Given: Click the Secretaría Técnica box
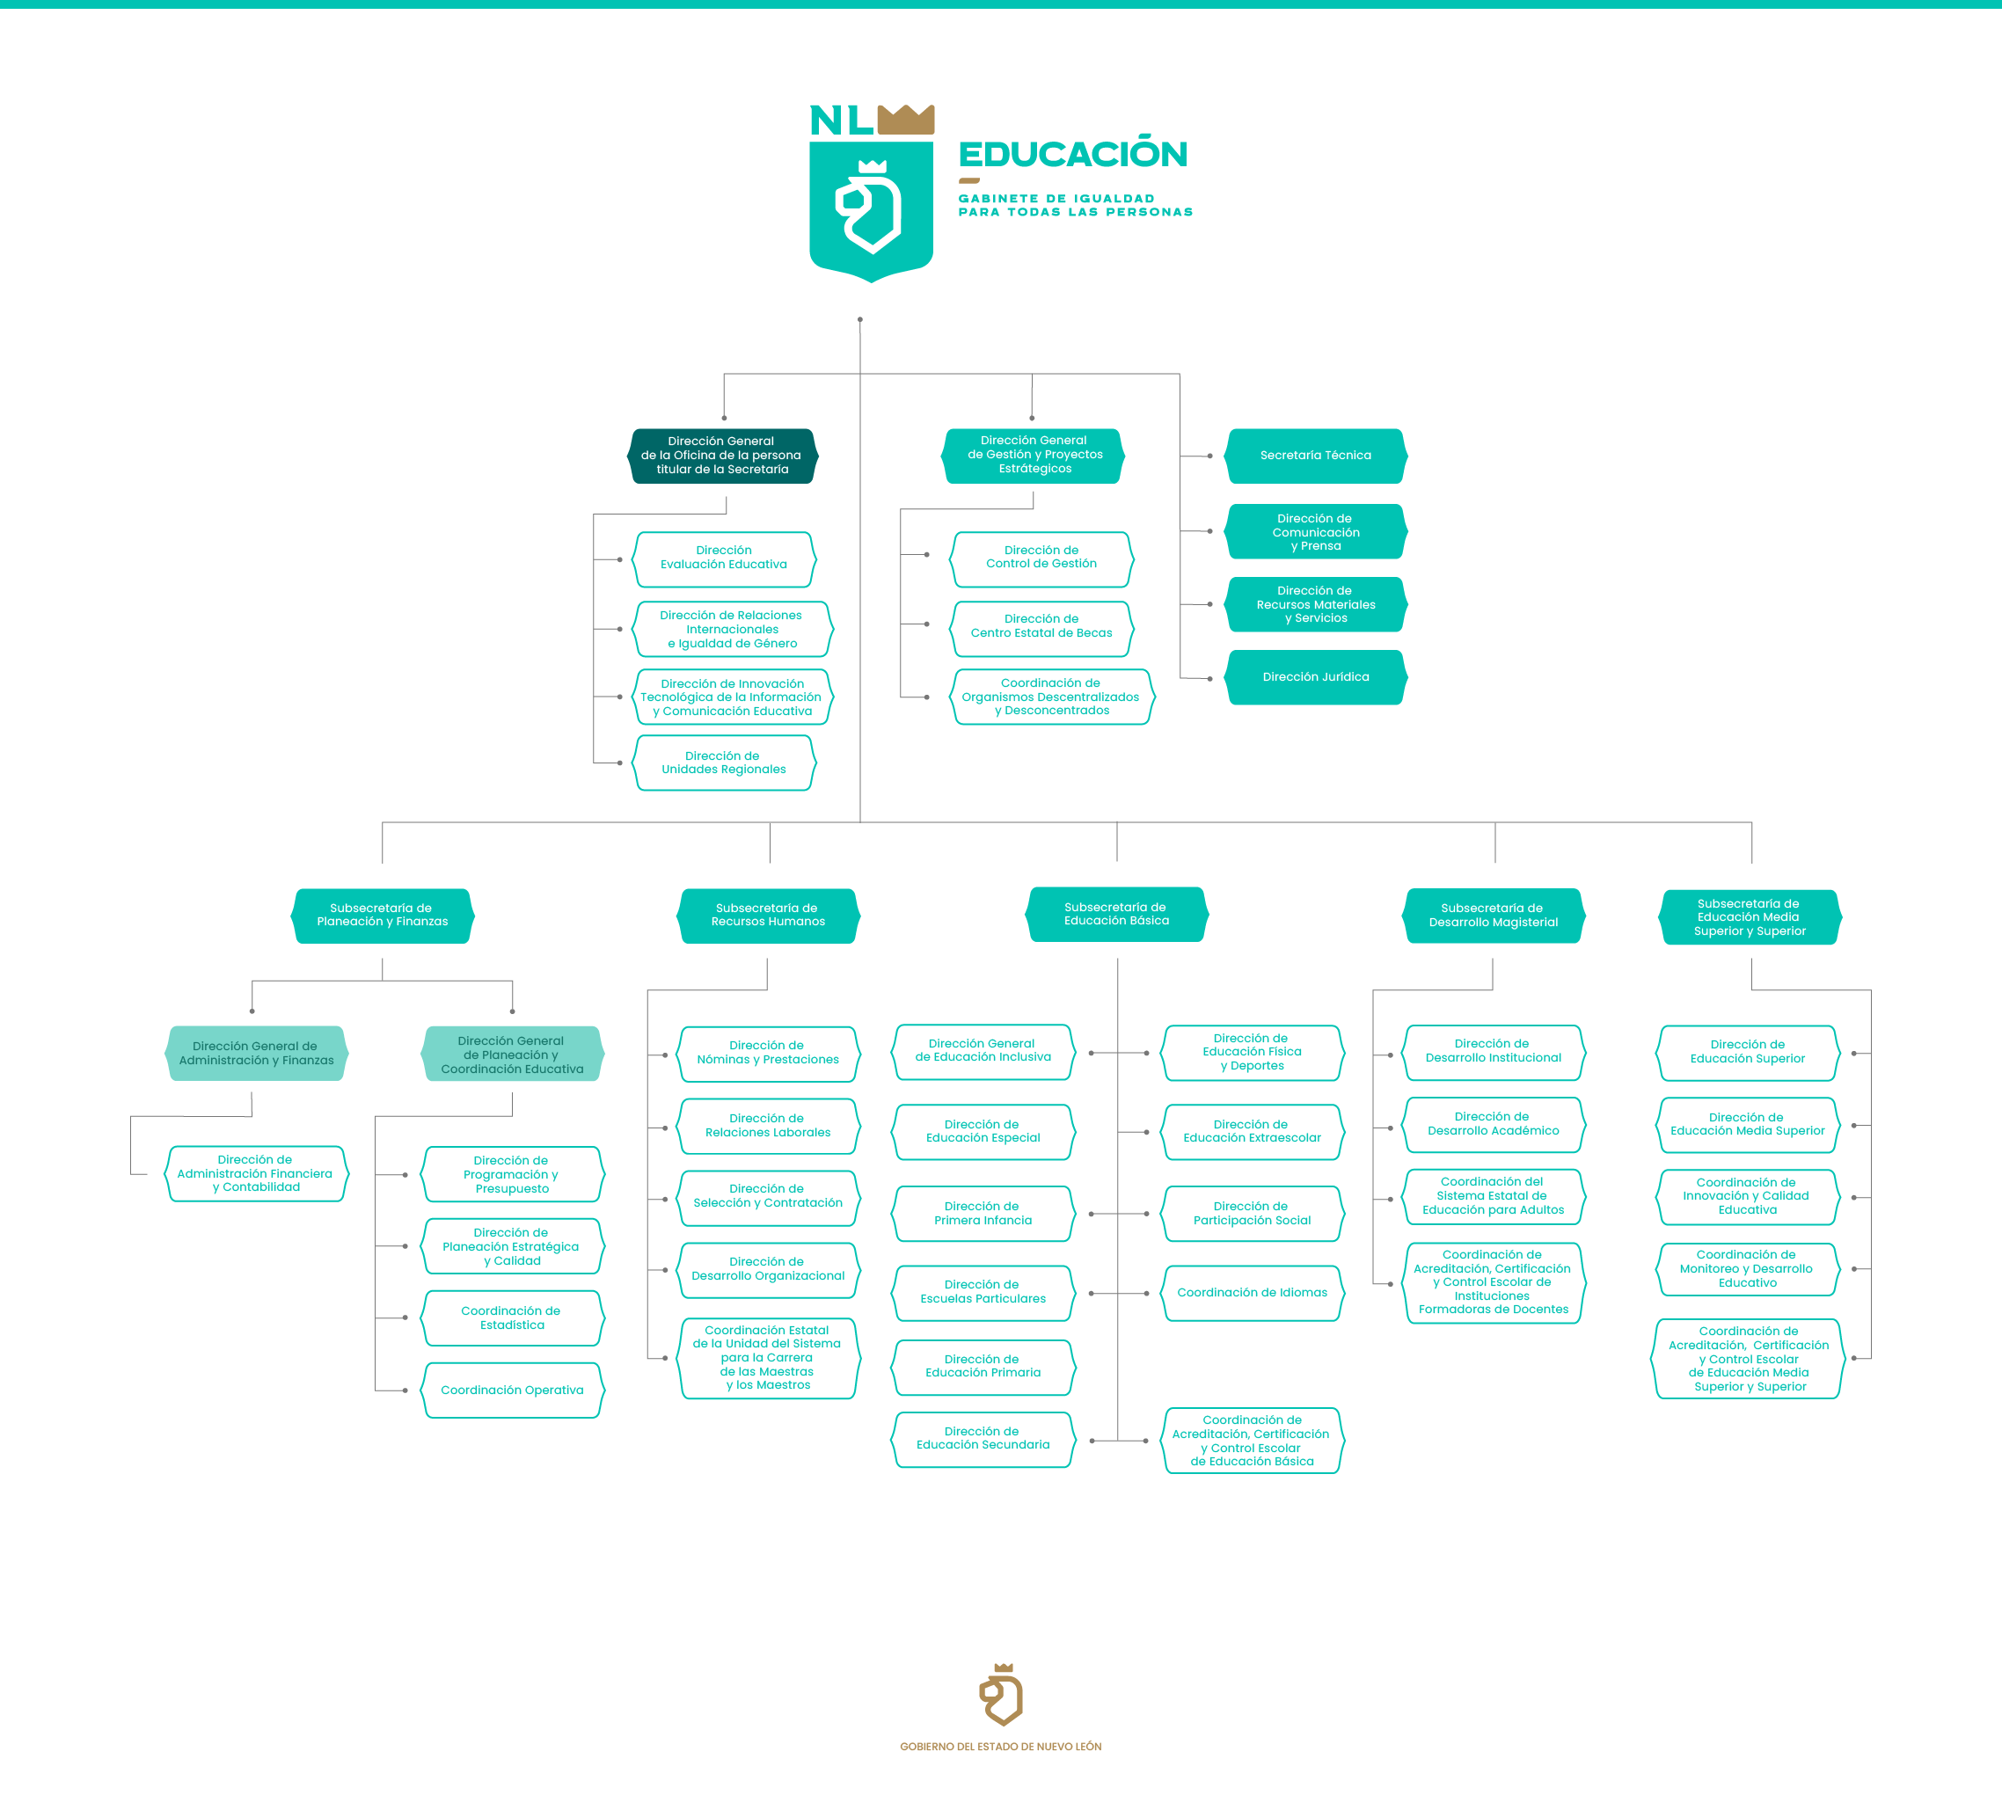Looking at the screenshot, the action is click(x=1316, y=456).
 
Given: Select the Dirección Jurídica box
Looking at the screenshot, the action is click(x=1316, y=677).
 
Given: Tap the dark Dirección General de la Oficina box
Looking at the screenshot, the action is click(x=723, y=456).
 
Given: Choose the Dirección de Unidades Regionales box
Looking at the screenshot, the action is click(x=724, y=763).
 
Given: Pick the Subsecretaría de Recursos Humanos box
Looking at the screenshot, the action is click(x=769, y=916).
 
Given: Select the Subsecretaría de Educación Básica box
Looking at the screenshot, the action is click(x=1117, y=915).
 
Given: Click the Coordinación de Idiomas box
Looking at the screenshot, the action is click(x=1253, y=1293).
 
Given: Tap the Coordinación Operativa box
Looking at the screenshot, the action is click(x=513, y=1390).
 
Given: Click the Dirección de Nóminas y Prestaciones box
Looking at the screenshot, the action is click(x=769, y=1054).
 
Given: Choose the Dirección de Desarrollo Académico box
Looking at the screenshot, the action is click(x=1494, y=1125).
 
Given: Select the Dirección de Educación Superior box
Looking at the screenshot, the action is click(x=1748, y=1053).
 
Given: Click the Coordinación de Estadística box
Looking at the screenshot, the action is click(x=513, y=1318).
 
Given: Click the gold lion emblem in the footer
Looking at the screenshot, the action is click(x=1001, y=1694).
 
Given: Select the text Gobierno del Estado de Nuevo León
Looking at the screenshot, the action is click(x=1001, y=1747).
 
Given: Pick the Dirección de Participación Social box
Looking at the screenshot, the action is click(x=1253, y=1215).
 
